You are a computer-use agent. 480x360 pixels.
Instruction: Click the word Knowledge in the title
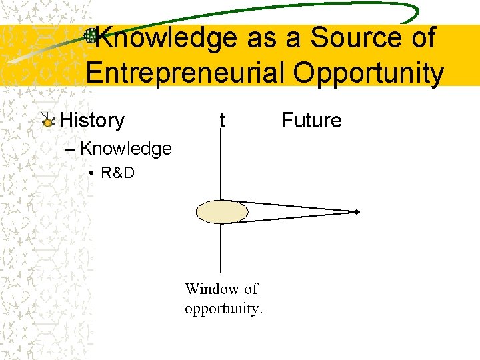tap(164, 38)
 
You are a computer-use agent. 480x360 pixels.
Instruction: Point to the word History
tap(92, 121)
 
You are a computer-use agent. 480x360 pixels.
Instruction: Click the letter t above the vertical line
tap(223, 121)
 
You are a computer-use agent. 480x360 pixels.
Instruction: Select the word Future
tap(311, 121)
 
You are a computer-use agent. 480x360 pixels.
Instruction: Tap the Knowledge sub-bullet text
tap(125, 149)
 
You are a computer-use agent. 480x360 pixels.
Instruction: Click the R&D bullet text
tap(117, 173)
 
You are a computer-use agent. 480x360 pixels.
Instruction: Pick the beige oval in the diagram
tap(222, 212)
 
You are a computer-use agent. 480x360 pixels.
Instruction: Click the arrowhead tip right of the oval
tap(357, 212)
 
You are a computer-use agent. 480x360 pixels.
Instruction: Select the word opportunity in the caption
tap(223, 309)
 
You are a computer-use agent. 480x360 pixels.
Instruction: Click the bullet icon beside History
tap(47, 121)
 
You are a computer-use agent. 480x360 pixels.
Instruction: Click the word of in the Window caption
tap(251, 289)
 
